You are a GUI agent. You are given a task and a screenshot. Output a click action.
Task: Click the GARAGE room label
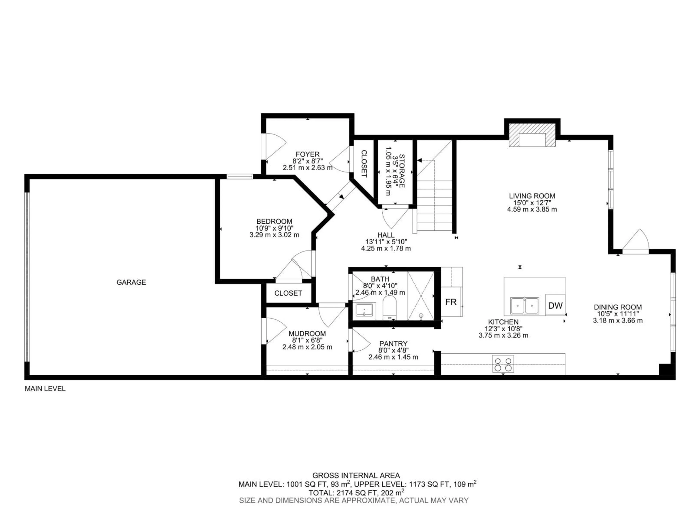pyautogui.click(x=131, y=282)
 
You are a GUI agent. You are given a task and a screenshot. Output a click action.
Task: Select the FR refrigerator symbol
pyautogui.click(x=451, y=302)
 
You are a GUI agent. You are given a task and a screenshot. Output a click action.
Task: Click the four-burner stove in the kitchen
pyautogui.click(x=503, y=364)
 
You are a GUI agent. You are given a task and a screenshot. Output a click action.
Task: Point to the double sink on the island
pyautogui.click(x=525, y=306)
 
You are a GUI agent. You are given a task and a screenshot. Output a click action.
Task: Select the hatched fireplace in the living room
pyautogui.click(x=532, y=135)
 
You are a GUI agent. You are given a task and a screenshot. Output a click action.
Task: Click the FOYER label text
pyautogui.click(x=307, y=154)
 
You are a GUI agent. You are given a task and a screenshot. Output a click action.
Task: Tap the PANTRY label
pyautogui.click(x=393, y=344)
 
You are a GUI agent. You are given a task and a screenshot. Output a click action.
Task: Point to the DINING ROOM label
pyautogui.click(x=617, y=307)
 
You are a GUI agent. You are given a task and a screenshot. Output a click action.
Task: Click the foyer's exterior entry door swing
pyautogui.click(x=275, y=146)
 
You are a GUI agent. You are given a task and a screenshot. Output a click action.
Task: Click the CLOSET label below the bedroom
pyautogui.click(x=288, y=293)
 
